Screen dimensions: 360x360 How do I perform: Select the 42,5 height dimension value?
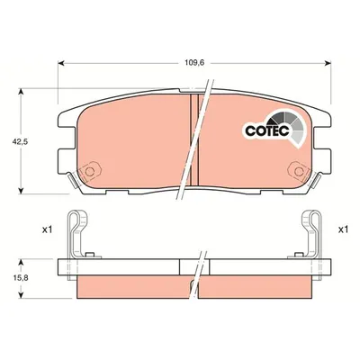[x=20, y=142]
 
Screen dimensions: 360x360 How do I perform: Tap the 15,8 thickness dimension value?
[x=21, y=278]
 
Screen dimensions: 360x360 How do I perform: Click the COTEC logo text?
[x=267, y=130]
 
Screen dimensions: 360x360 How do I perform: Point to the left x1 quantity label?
[x=47, y=230]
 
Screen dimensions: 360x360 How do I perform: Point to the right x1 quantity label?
[x=343, y=230]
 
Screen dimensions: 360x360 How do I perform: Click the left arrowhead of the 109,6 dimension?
[x=61, y=63]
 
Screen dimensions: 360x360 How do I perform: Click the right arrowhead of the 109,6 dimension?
[x=328, y=63]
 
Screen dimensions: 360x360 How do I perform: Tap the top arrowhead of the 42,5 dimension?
[x=21, y=92]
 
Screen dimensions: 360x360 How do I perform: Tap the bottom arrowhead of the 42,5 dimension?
[x=21, y=191]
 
